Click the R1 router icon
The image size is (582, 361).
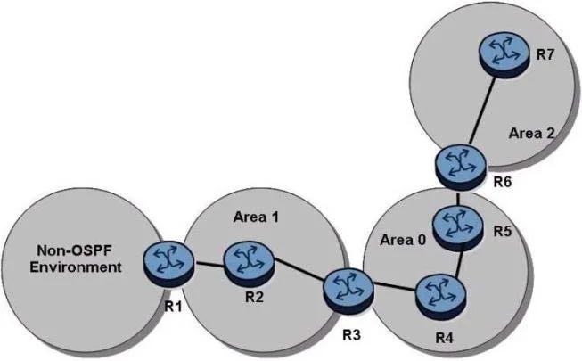(x=168, y=263)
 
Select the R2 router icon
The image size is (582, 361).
(x=249, y=265)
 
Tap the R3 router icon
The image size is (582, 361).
(x=348, y=292)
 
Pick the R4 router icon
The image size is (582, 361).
(x=440, y=296)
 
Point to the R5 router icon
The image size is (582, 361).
(x=459, y=228)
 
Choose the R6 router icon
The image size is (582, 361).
(x=461, y=168)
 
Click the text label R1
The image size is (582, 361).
(x=173, y=307)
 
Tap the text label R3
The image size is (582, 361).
(x=351, y=335)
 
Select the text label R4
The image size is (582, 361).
(x=444, y=339)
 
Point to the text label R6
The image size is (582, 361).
(x=502, y=182)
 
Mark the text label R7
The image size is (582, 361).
(x=545, y=55)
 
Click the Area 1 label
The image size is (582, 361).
(x=256, y=217)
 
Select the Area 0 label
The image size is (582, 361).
(x=403, y=241)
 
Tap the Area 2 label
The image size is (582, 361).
(x=531, y=133)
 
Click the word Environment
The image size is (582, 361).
(x=76, y=267)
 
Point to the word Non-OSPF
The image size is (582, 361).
(x=74, y=250)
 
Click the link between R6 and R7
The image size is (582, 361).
(x=482, y=111)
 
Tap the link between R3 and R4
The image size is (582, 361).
(x=395, y=287)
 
